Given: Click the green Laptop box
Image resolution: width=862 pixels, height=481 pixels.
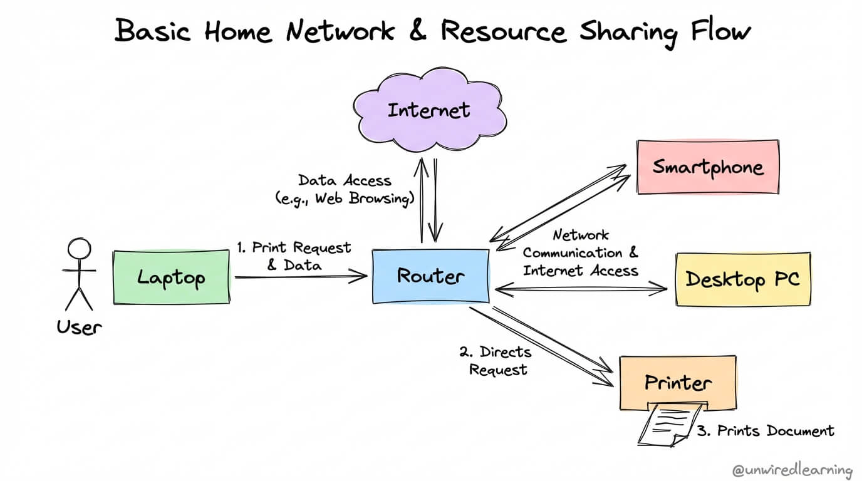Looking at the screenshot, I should (171, 277).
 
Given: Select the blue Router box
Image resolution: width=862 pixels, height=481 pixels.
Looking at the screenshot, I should (430, 276).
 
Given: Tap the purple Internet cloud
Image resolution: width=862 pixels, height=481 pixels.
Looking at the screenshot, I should (429, 111).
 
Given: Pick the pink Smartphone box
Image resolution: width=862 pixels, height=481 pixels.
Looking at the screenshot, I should (708, 167).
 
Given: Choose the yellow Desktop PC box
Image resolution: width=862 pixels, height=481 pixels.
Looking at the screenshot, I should (742, 279).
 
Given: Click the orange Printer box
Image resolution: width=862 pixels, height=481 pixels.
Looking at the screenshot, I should (678, 382).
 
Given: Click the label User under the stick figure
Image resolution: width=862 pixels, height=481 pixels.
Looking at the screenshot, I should (79, 327).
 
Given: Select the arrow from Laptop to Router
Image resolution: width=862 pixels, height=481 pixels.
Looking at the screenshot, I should (301, 276).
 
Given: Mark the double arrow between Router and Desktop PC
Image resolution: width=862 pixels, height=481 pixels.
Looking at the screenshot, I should (581, 289).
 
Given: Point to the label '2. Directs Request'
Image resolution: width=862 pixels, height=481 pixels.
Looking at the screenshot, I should (495, 361).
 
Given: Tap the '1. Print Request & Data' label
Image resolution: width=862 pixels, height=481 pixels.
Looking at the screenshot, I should (294, 256).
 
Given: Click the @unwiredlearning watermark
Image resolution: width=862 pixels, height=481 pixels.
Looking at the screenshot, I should (792, 470).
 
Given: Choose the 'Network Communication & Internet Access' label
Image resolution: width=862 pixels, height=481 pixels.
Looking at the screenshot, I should (581, 253).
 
